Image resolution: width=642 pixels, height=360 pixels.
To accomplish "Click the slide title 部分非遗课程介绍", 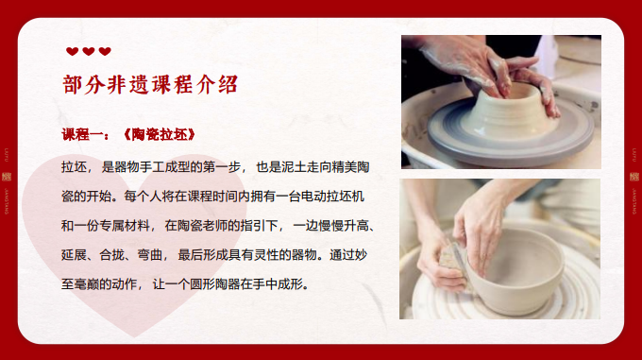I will (x=150, y=83).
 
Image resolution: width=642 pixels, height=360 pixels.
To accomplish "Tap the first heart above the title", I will (x=72, y=52).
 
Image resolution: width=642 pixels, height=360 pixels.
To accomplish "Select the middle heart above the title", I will (x=89, y=52).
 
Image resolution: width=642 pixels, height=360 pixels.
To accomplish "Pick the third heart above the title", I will (x=105, y=52).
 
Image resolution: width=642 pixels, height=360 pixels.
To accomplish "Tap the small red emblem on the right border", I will (x=629, y=176).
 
